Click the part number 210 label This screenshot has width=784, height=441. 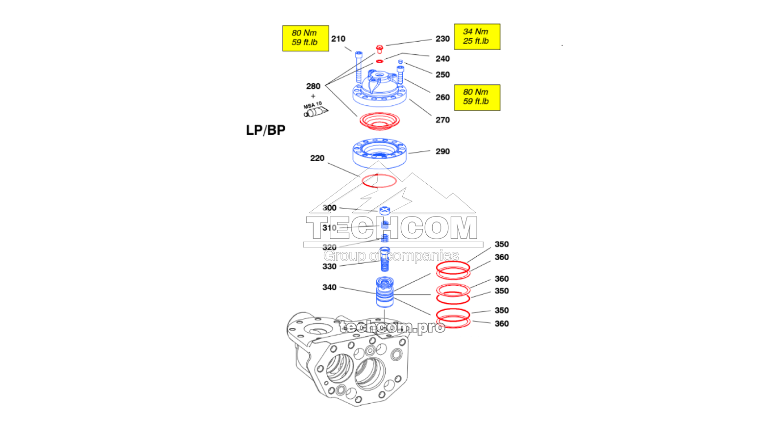[x=338, y=39]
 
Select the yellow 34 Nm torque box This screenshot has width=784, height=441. [x=477, y=37]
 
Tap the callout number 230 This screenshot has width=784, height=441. [x=442, y=39]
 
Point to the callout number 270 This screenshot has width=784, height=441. [x=442, y=120]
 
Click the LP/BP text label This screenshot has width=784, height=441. [x=266, y=130]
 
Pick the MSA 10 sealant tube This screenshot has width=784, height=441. [x=315, y=110]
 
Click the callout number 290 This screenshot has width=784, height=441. [x=442, y=151]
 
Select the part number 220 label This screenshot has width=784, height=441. [x=317, y=158]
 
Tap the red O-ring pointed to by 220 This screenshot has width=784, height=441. [x=379, y=181]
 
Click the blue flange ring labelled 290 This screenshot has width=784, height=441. [x=379, y=153]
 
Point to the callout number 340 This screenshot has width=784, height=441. [x=329, y=287]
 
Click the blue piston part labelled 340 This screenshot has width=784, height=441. [x=385, y=293]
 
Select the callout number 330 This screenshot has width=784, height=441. [x=329, y=267]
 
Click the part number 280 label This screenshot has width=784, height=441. [x=313, y=86]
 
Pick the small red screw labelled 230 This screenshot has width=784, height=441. [x=379, y=49]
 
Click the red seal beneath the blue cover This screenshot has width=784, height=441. [x=379, y=120]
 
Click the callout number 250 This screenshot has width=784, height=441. [x=442, y=74]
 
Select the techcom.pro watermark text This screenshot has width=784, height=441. [x=392, y=327]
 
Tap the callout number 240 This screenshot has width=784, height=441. [x=442, y=59]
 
